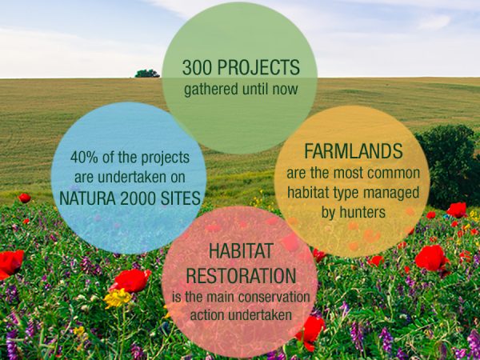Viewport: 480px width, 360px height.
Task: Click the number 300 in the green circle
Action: (x=199, y=68)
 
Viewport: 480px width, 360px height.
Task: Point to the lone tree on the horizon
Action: (x=146, y=73)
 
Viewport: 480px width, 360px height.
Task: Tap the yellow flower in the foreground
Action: (x=118, y=298)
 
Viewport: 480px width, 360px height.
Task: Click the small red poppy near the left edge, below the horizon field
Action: (x=24, y=198)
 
